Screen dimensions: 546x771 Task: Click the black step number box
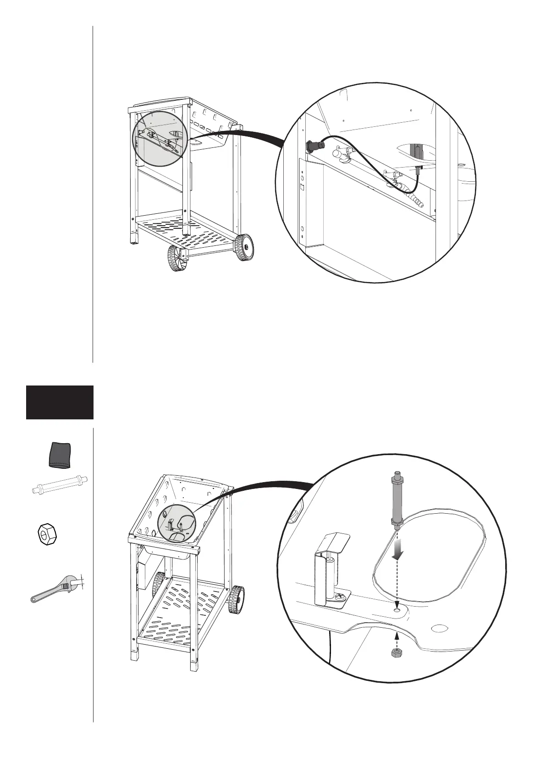[60, 402]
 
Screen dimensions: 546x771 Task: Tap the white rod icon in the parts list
[60, 484]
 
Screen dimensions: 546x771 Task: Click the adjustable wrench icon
[58, 589]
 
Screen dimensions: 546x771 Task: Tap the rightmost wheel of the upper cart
[244, 248]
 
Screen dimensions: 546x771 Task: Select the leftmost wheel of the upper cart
[174, 257]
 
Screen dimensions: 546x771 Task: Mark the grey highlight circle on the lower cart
[176, 524]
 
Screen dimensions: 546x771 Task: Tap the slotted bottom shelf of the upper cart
[188, 233]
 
